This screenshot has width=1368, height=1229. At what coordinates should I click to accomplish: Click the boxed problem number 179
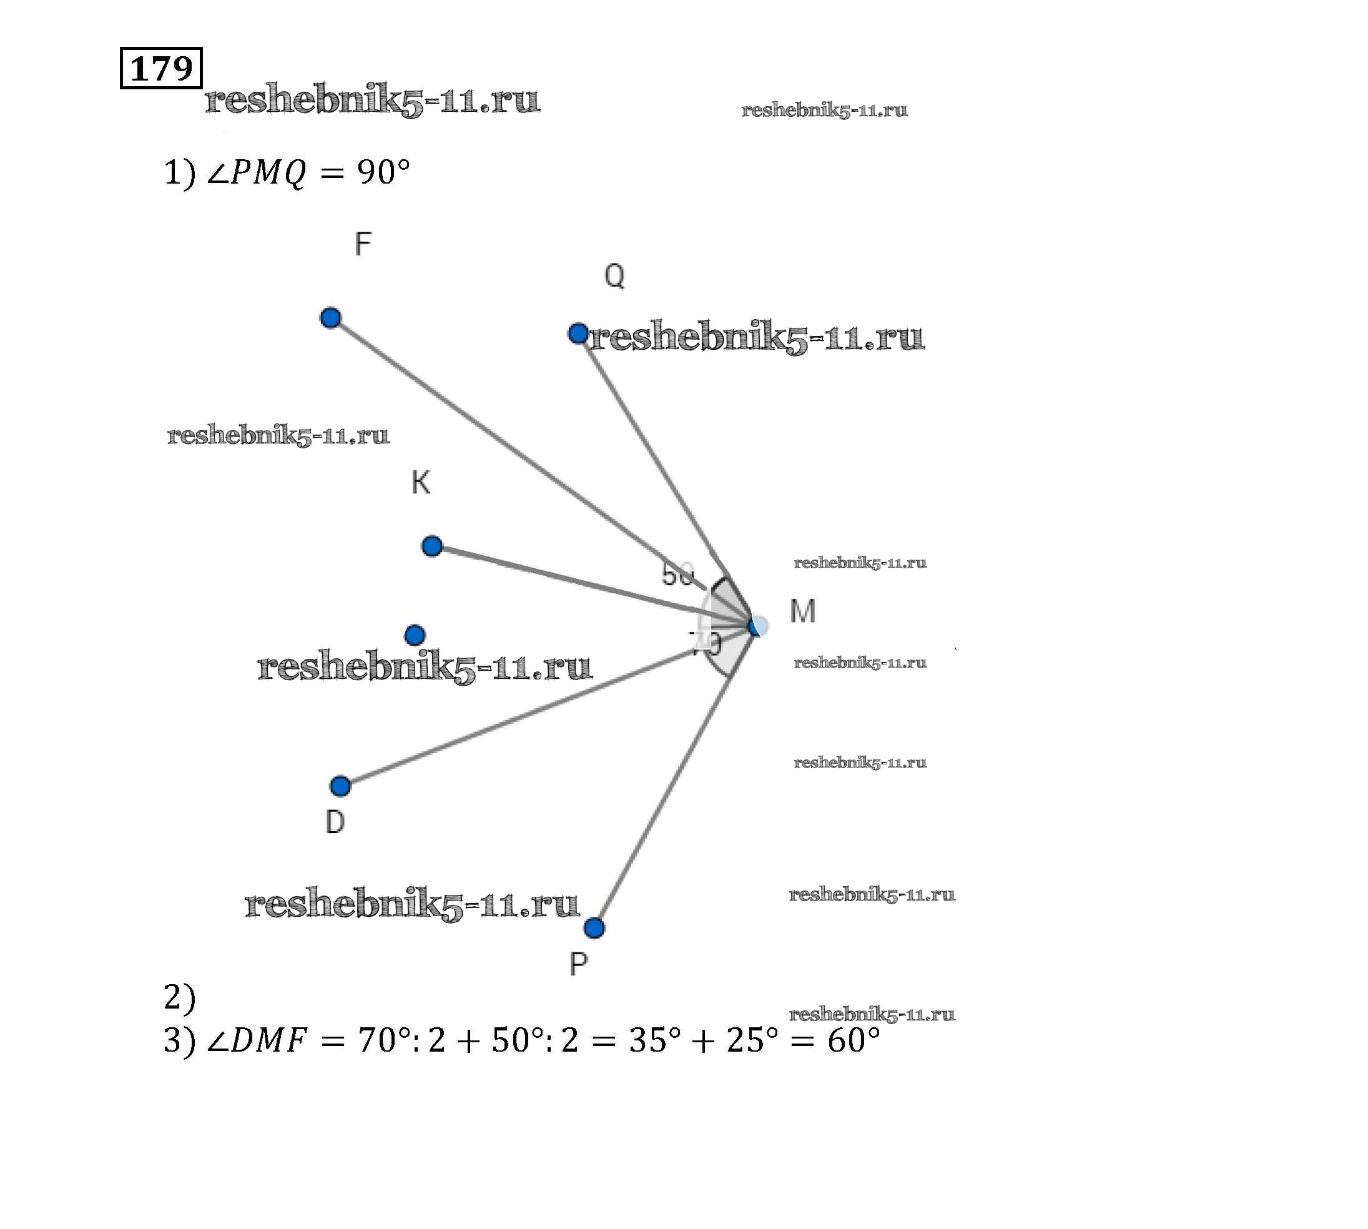[160, 67]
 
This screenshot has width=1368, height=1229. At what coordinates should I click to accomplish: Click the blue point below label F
[330, 317]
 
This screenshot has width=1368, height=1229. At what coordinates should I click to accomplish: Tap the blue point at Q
[578, 333]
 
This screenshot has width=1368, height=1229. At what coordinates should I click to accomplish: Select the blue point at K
[432, 546]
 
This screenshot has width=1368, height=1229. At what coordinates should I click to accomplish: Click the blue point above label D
[340, 786]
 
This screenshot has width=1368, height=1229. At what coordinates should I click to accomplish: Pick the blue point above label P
[594, 928]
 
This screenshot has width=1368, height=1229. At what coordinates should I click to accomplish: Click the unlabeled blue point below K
[415, 634]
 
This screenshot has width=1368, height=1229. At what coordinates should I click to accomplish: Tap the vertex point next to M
[757, 626]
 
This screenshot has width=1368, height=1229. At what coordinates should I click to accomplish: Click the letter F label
[363, 244]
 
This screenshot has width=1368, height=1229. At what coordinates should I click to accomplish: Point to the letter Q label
[614, 275]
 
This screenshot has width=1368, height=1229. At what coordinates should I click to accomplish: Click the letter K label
[421, 482]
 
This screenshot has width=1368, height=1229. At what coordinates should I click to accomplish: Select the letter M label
[803, 611]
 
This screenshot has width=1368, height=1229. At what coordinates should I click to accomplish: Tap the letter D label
[335, 822]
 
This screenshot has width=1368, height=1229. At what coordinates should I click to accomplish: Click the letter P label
[579, 964]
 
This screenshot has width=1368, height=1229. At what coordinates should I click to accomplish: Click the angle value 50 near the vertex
[677, 574]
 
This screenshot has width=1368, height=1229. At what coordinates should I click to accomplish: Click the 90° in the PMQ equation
[383, 172]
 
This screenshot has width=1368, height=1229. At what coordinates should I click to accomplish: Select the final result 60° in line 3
[854, 1040]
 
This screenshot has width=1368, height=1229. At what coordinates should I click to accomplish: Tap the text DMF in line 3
[268, 1040]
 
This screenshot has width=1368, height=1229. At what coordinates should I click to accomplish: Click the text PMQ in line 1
[268, 172]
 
